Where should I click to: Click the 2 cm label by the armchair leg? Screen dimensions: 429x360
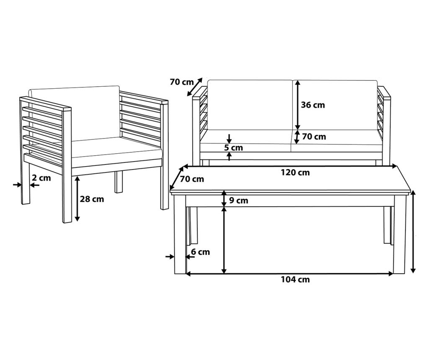(x=41, y=178)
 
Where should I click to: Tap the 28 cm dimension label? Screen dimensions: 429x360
(x=92, y=199)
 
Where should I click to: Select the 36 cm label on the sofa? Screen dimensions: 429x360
(x=313, y=105)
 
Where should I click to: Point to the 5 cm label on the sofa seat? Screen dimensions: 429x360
(x=233, y=148)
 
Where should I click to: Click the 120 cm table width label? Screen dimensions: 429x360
(x=295, y=172)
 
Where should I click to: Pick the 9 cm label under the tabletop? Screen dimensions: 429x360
(x=238, y=201)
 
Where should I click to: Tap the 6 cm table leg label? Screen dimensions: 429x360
(x=200, y=252)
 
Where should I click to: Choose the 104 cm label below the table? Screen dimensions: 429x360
(x=295, y=280)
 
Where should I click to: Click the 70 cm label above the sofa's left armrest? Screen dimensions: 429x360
(x=182, y=82)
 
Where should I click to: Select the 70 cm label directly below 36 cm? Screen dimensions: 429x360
(x=314, y=136)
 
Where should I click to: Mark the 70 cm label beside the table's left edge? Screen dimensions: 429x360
(x=192, y=179)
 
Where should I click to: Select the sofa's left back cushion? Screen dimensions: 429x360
(x=250, y=105)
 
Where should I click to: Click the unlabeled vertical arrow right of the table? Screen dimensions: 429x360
(x=413, y=232)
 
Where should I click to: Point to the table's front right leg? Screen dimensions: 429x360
(x=398, y=234)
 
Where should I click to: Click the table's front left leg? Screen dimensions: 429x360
(x=180, y=234)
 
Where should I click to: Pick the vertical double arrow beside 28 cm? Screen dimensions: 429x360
(x=78, y=199)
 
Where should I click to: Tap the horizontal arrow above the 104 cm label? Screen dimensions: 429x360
(x=289, y=273)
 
